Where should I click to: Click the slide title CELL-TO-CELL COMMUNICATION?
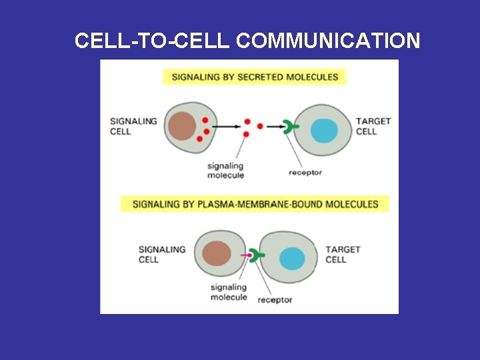[x=247, y=41]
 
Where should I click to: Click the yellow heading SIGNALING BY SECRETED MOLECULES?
[x=255, y=77]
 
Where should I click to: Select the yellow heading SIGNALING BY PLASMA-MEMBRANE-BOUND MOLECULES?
[x=255, y=204]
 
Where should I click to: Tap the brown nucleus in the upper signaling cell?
[x=182, y=126]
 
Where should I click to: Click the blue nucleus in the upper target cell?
[x=325, y=129]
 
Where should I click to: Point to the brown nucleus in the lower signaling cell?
[x=216, y=255]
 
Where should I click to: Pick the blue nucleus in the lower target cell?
[x=292, y=258]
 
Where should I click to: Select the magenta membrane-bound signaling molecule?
[x=247, y=255]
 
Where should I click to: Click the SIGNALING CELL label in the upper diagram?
[x=133, y=126]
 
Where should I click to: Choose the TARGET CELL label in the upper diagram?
[x=373, y=126]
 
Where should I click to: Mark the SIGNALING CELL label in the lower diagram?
[x=162, y=254]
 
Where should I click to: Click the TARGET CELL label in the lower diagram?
[x=343, y=254]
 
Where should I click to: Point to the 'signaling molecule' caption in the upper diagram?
[x=225, y=171]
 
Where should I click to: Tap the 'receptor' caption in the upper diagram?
[x=305, y=173]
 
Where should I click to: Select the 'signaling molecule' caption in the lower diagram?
[x=229, y=292]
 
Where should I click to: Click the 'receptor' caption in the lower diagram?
[x=275, y=300]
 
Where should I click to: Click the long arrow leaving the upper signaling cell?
[x=227, y=126]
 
